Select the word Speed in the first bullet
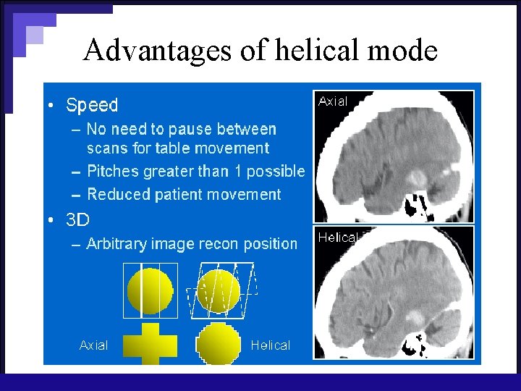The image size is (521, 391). pyautogui.click(x=92, y=105)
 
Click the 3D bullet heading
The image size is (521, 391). pyautogui.click(x=77, y=219)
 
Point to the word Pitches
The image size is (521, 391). pyautogui.click(x=111, y=172)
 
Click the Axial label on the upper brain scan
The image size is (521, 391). pyautogui.click(x=333, y=102)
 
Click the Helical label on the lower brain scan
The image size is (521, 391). pyautogui.click(x=338, y=237)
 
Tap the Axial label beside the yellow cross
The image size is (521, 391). pyautogui.click(x=93, y=345)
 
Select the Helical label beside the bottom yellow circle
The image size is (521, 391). pyautogui.click(x=270, y=345)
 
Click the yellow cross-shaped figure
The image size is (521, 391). pyautogui.click(x=151, y=344)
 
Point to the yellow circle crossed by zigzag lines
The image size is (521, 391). pyautogui.click(x=219, y=291)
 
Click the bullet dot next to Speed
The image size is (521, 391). pyautogui.click(x=50, y=106)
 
